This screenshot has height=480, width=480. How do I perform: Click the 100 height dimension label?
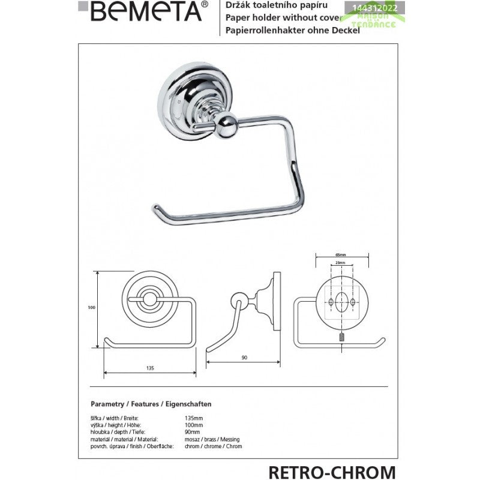click(92, 308)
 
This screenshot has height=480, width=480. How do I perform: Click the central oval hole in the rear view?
click(340, 303)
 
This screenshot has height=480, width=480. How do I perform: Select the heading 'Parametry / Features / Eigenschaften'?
click(151, 404)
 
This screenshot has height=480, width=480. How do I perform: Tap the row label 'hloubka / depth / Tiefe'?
click(115, 431)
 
